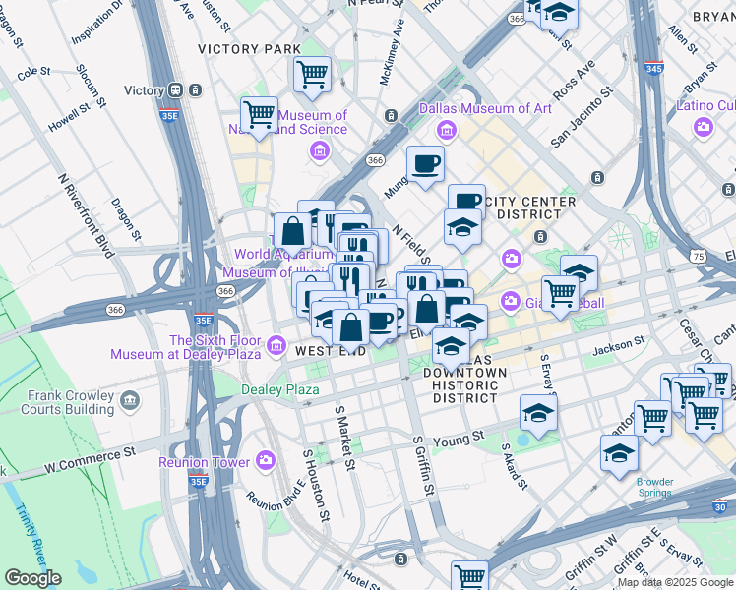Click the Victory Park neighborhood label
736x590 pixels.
249,48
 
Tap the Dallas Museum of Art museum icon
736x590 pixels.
447,130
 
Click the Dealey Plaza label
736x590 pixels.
280,389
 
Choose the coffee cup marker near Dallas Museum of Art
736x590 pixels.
425,163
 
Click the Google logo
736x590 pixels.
32,578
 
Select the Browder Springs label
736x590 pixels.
654,488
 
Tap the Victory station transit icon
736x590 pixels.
177,90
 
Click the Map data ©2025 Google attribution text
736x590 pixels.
675,582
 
